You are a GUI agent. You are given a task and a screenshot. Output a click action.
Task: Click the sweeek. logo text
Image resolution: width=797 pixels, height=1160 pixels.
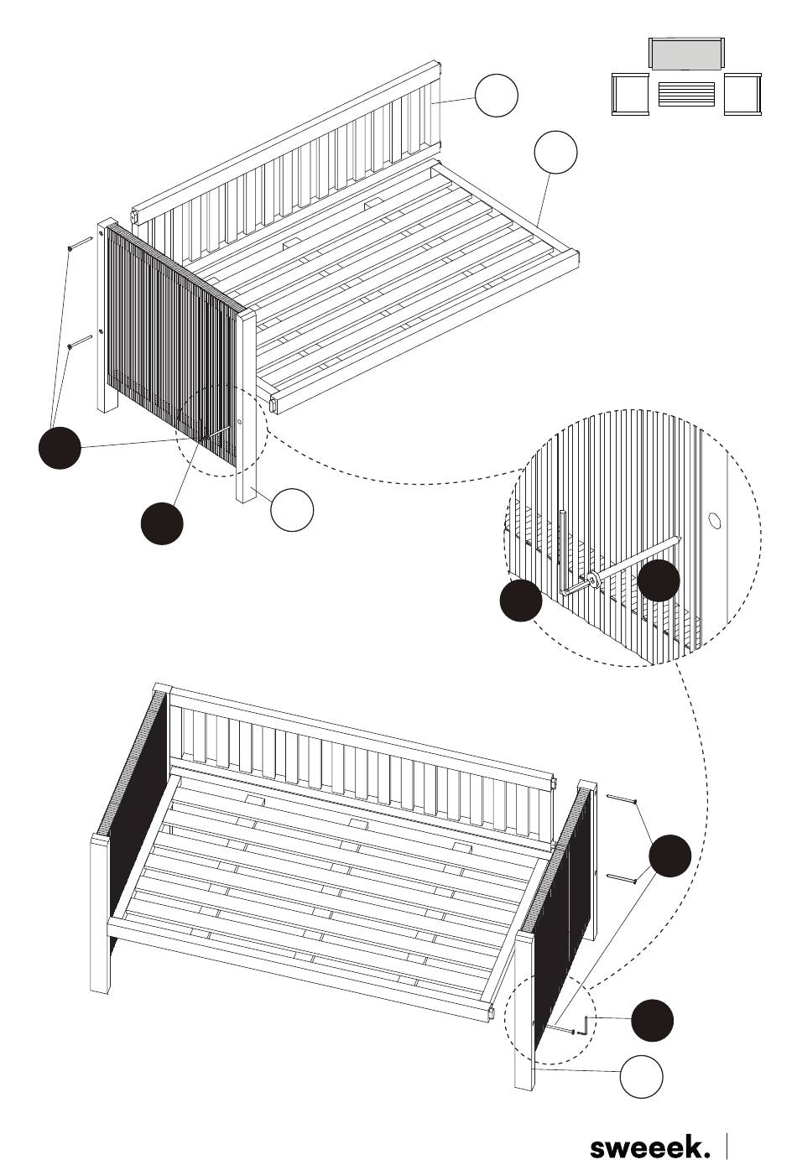pos(650,1144)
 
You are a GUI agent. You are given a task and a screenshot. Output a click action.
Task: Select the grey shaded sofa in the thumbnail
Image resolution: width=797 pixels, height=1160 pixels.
pos(686,54)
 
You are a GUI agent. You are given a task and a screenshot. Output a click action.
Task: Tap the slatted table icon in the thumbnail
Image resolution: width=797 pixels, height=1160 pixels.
pos(687,94)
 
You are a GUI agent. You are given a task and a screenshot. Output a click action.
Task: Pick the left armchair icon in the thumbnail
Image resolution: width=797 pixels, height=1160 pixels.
pos(630,94)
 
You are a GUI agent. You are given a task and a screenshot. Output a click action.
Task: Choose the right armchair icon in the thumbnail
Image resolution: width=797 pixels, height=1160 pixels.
pos(743,94)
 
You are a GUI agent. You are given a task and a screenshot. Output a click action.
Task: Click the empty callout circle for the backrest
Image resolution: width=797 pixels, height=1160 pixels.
pos(496,96)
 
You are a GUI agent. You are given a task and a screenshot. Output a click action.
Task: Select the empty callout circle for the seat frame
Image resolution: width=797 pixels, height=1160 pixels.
pos(555,152)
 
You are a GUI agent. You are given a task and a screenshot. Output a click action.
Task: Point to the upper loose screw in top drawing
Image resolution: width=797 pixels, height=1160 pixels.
pos(81,243)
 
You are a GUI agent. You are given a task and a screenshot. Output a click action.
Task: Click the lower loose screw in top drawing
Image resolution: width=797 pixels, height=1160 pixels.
pos(81,342)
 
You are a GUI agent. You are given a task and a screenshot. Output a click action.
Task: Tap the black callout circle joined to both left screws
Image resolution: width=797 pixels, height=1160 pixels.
pos(60,447)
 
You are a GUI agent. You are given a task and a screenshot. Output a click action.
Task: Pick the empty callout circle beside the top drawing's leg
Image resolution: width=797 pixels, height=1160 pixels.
pos(292,510)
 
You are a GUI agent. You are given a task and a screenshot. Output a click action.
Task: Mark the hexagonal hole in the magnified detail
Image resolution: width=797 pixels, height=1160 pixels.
pos(714,519)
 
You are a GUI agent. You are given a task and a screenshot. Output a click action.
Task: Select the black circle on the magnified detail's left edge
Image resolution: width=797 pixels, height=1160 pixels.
pos(520,600)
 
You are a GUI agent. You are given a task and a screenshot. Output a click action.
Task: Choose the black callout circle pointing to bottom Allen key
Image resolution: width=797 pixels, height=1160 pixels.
pos(652,1020)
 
